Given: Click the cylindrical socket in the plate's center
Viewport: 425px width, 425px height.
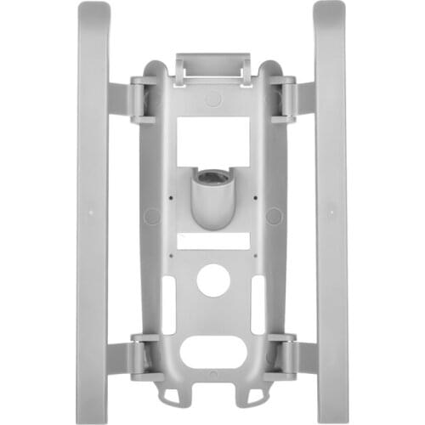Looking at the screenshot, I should pyautogui.click(x=212, y=196).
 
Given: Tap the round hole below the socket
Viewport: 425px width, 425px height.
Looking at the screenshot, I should pyautogui.click(x=212, y=280).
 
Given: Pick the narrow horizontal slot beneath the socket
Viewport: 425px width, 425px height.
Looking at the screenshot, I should pyautogui.click(x=212, y=241).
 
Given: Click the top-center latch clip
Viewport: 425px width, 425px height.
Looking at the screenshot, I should pyautogui.click(x=212, y=68).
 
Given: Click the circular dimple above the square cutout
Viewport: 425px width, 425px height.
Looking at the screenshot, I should pyautogui.click(x=212, y=99).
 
